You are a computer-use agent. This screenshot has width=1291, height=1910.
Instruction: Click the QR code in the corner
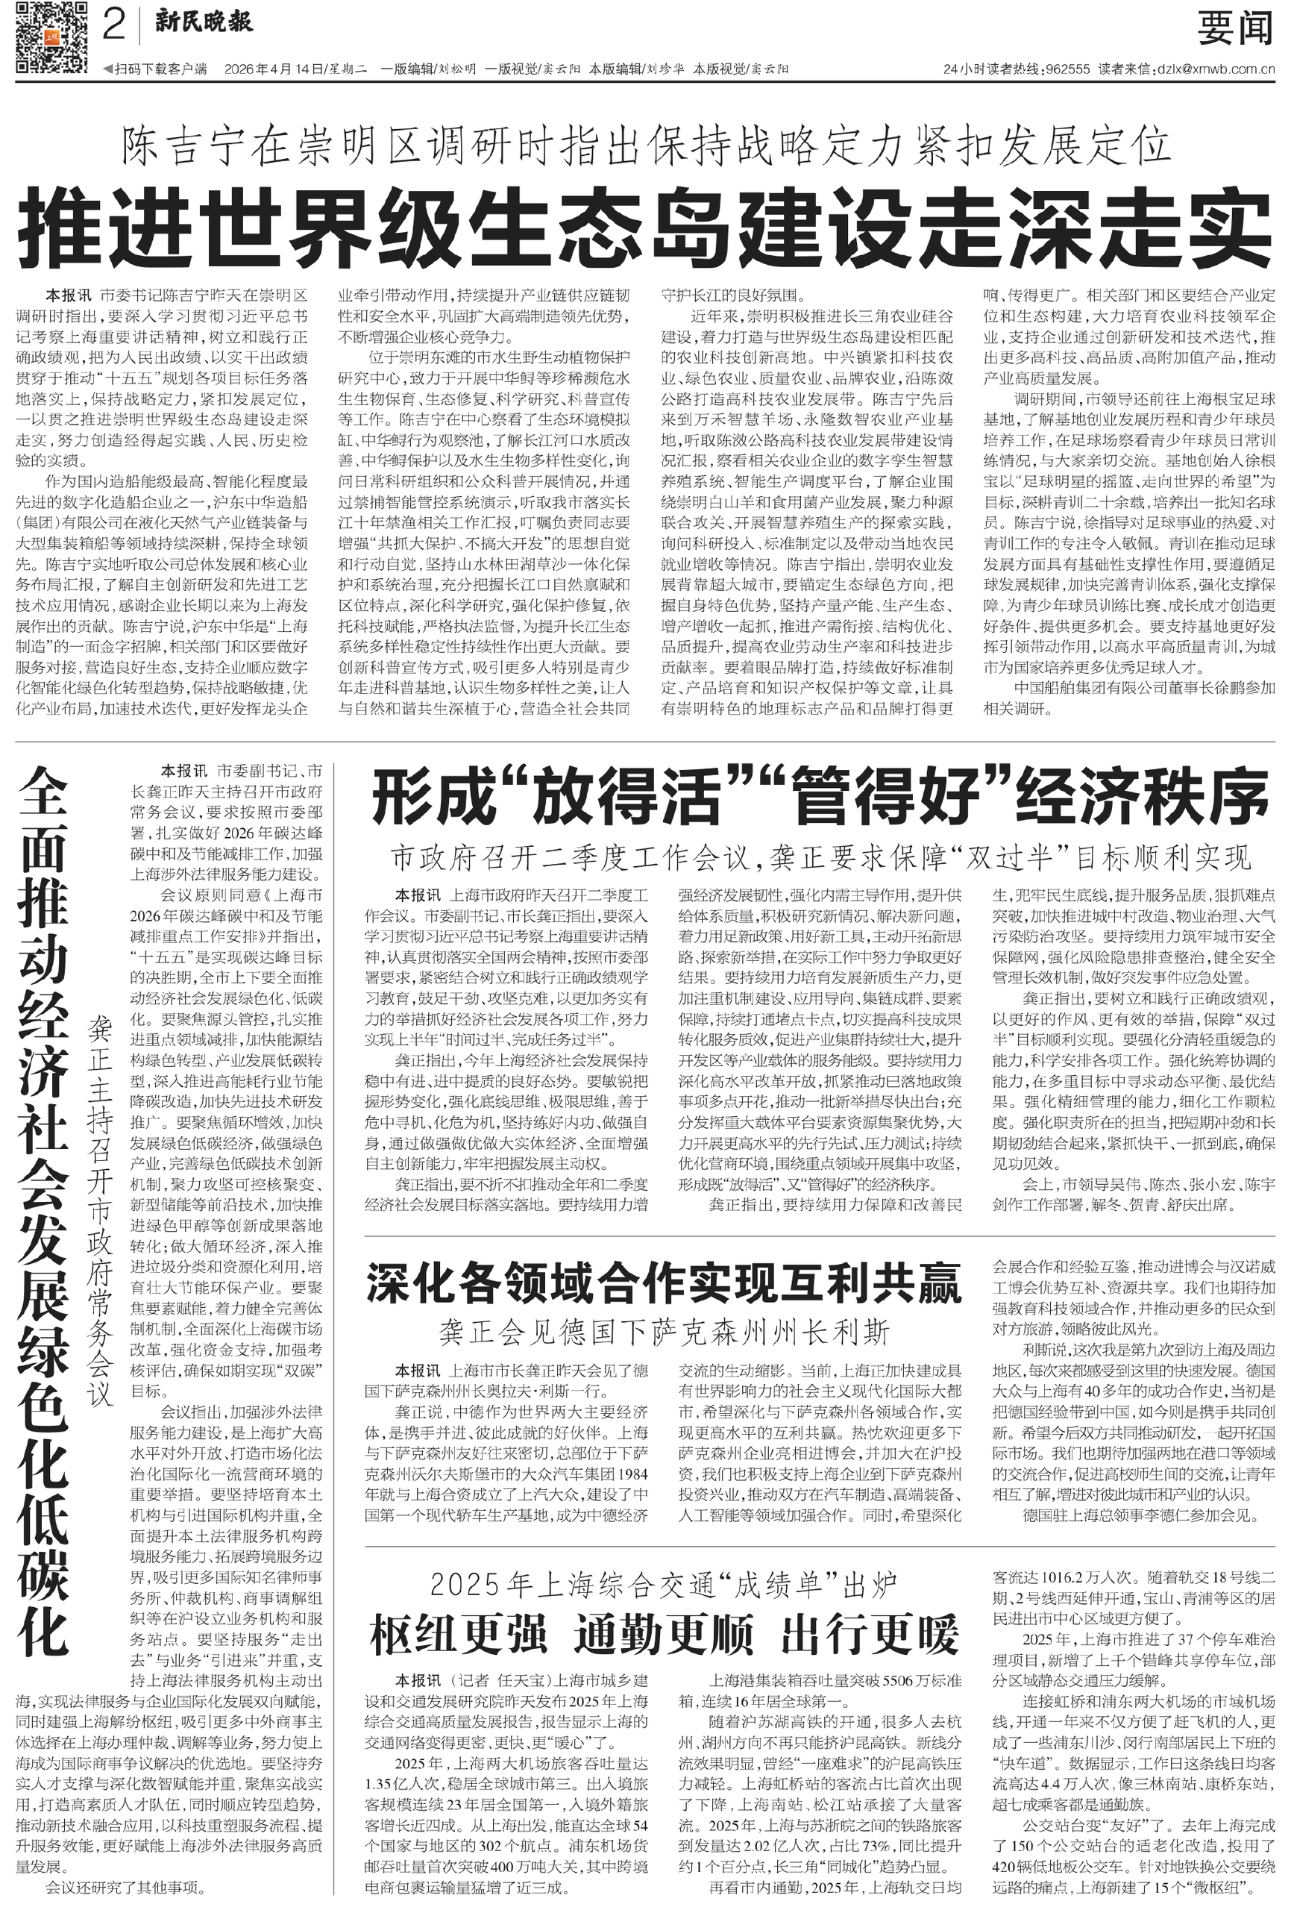point(51,37)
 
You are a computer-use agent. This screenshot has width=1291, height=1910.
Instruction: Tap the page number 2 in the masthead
point(114,27)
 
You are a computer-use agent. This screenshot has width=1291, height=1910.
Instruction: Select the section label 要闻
point(1234,28)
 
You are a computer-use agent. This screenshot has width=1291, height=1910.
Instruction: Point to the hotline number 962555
point(1067,69)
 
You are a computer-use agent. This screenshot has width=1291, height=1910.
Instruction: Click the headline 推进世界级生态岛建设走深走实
point(645,225)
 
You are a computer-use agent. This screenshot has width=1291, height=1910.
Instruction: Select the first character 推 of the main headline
point(62,225)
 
